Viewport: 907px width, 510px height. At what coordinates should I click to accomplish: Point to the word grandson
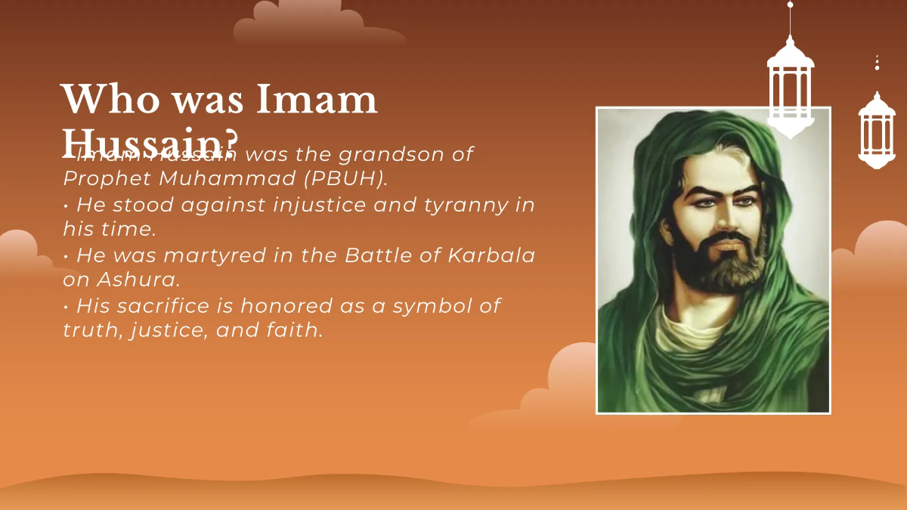(385, 154)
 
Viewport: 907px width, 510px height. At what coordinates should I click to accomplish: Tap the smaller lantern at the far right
(877, 130)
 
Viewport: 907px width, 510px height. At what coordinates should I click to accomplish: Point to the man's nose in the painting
(719, 223)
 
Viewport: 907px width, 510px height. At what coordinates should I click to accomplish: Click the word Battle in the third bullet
(376, 255)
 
